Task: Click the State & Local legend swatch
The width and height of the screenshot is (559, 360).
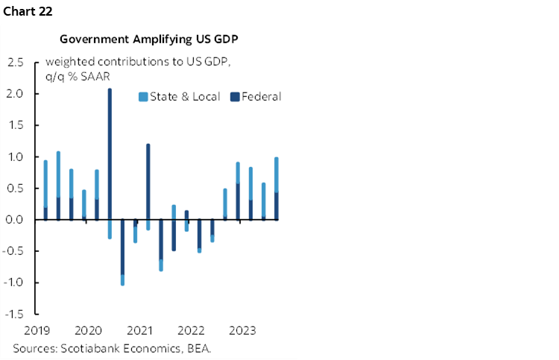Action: click(x=142, y=96)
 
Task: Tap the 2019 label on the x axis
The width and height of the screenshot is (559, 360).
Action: click(x=36, y=330)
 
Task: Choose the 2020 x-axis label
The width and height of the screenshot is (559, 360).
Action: click(x=88, y=330)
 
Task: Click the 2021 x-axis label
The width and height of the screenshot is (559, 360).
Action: click(x=139, y=330)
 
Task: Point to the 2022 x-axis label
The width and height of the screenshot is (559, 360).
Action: click(x=191, y=330)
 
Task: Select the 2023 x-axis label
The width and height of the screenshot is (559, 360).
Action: click(x=242, y=330)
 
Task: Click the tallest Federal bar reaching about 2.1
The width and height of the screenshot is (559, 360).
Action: click(x=110, y=149)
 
